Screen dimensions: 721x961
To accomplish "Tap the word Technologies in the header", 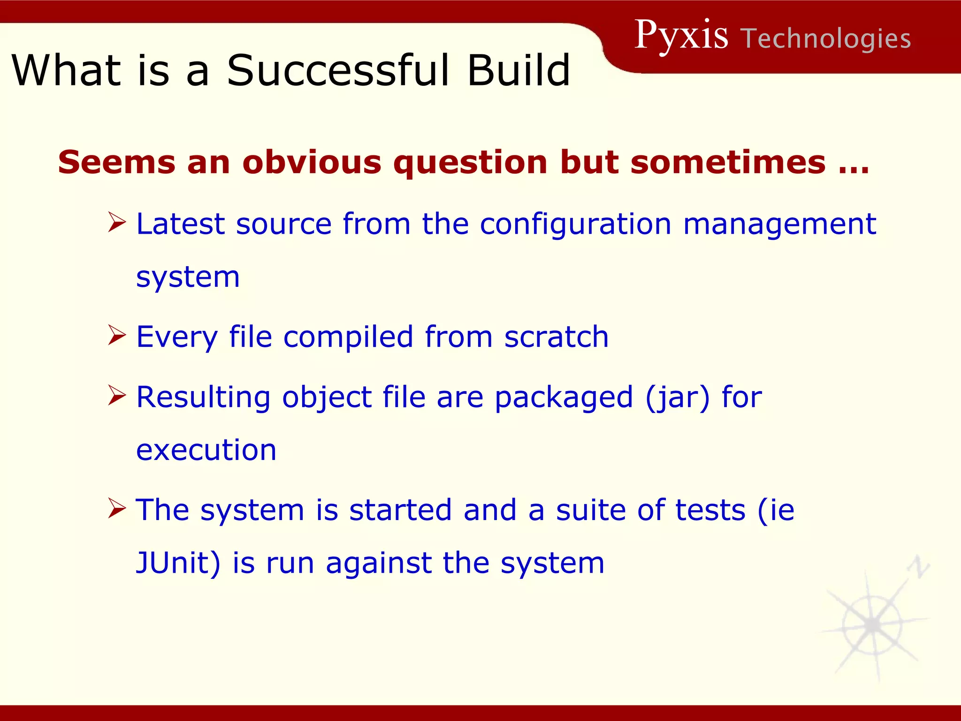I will click(826, 38).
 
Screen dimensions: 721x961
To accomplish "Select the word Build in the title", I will click(518, 70).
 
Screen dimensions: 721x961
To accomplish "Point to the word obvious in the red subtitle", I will click(312, 162).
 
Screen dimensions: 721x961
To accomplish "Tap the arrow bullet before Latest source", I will click(116, 222).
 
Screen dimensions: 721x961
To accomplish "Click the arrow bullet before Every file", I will click(116, 335).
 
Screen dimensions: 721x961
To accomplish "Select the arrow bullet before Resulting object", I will click(116, 395).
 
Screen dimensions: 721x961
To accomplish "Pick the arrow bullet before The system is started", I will click(116, 508).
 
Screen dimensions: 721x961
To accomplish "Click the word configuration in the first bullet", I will click(575, 224).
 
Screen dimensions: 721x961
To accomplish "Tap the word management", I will click(779, 224).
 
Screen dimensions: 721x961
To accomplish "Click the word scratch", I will click(556, 337).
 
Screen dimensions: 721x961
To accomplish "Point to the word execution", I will click(206, 450).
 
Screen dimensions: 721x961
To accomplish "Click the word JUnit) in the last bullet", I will click(178, 563).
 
